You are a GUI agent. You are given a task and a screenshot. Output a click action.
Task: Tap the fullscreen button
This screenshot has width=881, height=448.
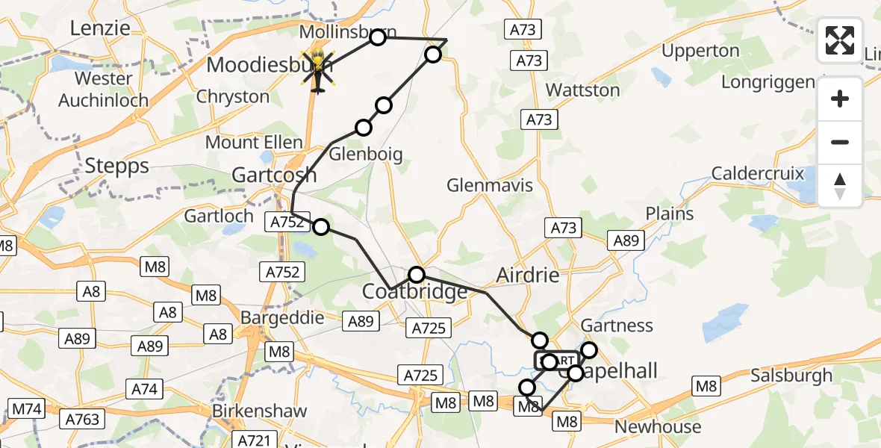(840, 40)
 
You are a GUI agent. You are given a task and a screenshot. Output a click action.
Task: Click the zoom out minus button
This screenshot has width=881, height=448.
(840, 142)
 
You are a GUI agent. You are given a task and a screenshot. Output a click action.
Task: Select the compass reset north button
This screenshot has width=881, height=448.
(840, 186)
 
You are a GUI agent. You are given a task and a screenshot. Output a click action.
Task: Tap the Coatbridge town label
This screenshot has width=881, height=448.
(414, 291)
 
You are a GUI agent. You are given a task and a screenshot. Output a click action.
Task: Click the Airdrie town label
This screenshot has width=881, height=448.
(528, 276)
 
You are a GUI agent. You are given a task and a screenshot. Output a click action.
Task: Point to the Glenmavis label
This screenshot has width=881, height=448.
(490, 184)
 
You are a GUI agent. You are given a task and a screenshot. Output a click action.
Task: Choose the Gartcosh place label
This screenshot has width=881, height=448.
(274, 175)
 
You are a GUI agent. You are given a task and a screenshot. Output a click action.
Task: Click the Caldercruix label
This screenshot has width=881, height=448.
(758, 174)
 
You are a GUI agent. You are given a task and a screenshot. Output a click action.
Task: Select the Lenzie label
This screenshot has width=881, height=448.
(100, 28)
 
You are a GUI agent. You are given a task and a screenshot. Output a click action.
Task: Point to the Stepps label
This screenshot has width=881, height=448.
(117, 165)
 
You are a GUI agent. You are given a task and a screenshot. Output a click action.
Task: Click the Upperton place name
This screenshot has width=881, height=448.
(700, 52)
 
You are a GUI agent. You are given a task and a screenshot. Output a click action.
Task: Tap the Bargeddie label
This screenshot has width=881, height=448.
(282, 317)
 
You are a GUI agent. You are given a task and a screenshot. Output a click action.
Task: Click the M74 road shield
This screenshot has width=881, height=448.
(27, 408)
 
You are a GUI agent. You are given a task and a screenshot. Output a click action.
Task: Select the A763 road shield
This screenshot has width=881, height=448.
(82, 419)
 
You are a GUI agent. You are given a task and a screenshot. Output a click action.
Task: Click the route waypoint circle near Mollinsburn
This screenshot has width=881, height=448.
(378, 37)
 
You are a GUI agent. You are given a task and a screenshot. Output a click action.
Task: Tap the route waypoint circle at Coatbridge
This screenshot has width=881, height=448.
(417, 274)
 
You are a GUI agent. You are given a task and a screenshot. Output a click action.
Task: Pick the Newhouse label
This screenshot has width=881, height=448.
(658, 427)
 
